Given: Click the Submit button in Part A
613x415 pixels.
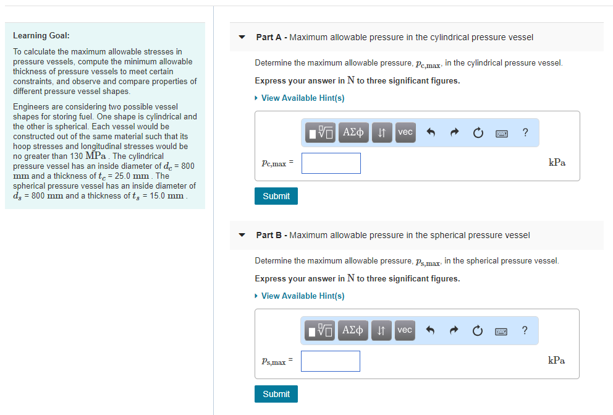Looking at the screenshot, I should click(276, 196).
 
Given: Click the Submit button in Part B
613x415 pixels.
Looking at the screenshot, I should click(276, 394).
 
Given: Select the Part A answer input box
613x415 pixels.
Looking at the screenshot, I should click(331, 163).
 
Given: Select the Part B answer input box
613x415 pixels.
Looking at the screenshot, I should click(331, 361).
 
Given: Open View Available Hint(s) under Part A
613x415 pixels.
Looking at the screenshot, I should click(302, 98).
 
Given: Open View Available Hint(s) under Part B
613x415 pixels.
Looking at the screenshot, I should click(302, 296).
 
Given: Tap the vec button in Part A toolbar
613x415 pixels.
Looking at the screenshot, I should click(405, 132).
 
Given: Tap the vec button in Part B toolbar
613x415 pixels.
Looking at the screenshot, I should click(405, 330).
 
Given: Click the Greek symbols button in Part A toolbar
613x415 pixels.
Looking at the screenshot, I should click(353, 132).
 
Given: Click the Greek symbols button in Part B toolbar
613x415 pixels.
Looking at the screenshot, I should click(353, 330).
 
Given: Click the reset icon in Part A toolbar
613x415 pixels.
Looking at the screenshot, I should click(477, 132).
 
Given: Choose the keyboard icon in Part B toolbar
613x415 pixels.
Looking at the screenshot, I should click(502, 330).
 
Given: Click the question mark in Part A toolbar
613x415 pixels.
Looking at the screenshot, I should click(525, 132).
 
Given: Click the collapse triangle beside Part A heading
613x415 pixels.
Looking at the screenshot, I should click(242, 37).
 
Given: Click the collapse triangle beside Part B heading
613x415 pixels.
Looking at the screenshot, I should click(242, 235).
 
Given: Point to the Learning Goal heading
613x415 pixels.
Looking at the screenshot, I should click(41, 35).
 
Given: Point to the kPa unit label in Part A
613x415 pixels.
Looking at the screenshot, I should click(556, 163).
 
